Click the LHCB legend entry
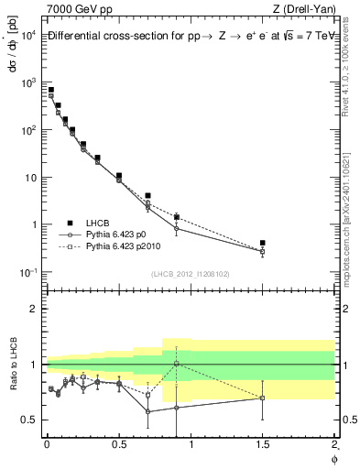[x=98, y=223]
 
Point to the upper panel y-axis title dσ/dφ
[x=11, y=42]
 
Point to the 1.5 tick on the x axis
[x=263, y=446]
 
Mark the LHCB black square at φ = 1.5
[x=263, y=243]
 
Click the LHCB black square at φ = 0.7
[x=147, y=195]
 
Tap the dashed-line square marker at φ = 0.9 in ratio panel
[x=177, y=364]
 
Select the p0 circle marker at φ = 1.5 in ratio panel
[x=263, y=398]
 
